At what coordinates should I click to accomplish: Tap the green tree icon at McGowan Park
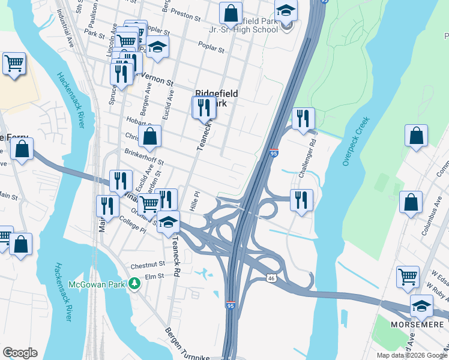coord(136,283)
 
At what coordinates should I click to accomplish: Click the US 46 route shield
coord(271,278)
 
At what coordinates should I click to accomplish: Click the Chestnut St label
coord(148,264)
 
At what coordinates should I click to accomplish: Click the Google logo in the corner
coord(20,353)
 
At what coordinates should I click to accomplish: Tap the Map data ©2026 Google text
coord(411,355)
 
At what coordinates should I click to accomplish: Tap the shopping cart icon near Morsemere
coord(408,277)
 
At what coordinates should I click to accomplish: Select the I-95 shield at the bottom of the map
coord(231,305)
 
